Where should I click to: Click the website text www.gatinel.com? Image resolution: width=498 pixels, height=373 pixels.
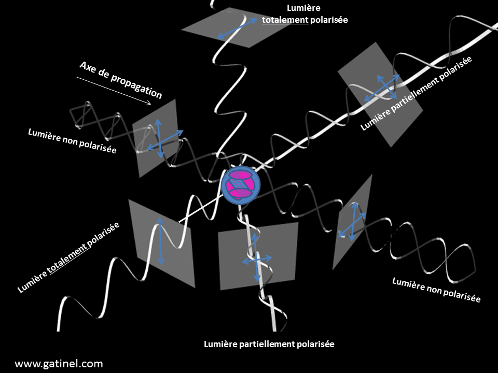coord(59,363)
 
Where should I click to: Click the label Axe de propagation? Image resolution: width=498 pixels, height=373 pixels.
coord(120,80)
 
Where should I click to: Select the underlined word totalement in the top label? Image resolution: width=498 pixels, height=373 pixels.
coord(285,20)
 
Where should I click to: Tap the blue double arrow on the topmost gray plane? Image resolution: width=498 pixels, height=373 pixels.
coord(237,28)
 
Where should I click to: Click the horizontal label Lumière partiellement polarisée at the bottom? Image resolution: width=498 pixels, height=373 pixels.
coord(269,344)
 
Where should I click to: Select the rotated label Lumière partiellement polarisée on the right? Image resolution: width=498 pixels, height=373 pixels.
coord(417,94)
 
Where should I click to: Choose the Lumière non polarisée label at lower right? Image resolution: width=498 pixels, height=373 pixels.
coord(436,290)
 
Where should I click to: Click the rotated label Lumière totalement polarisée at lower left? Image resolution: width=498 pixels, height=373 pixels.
coord(68,257)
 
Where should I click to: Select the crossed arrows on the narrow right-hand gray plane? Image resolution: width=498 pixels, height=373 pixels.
coord(352,220)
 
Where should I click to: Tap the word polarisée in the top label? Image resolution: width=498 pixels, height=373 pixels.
coord(328,20)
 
